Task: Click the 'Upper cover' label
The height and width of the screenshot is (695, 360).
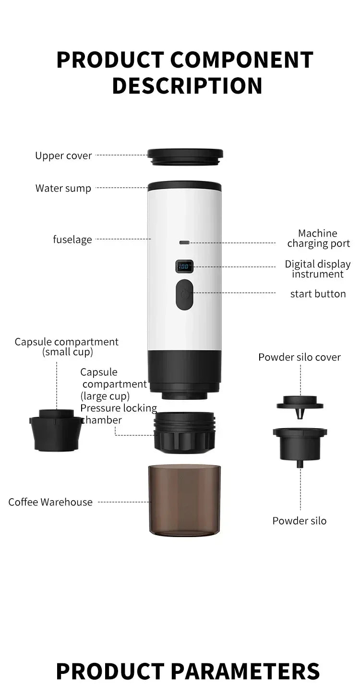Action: point(63,156)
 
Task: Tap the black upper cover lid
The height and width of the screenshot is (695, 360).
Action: point(185,156)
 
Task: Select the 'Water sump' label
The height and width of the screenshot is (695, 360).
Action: point(63,188)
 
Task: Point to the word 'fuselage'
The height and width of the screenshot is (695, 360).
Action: point(72,239)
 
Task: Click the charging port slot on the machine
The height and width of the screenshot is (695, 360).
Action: point(184,242)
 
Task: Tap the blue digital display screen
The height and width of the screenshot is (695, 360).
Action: point(184,265)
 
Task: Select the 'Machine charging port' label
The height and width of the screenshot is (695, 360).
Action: point(318,239)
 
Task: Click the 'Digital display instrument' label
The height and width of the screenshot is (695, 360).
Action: point(318,269)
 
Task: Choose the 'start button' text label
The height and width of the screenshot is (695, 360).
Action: point(318,294)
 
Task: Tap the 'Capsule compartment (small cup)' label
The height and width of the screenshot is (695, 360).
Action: point(67,347)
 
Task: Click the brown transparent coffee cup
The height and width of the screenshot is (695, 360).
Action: point(185,499)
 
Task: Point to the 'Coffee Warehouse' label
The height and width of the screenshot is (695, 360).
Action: point(50,502)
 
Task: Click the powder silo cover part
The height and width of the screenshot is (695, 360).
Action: point(300,403)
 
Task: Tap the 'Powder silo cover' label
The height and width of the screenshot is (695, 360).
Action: point(300,357)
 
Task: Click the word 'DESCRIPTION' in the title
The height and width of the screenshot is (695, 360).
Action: point(187,85)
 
